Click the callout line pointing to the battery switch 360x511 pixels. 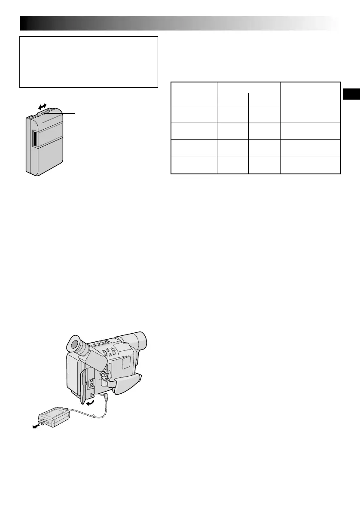62,113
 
